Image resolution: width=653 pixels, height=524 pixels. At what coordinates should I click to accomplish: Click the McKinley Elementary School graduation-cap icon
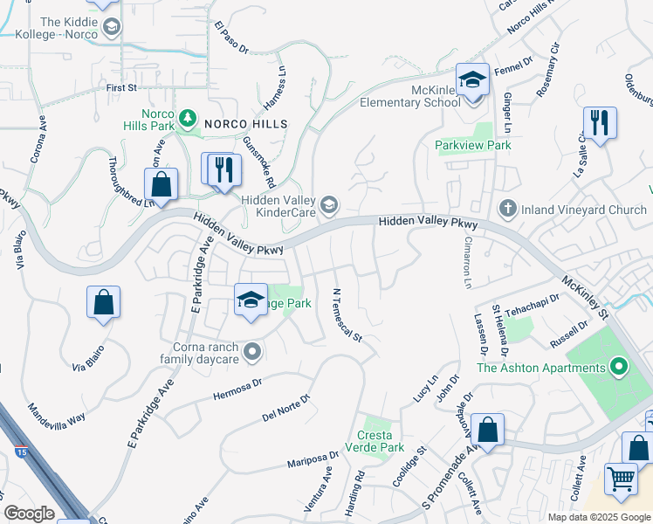[x=472, y=82]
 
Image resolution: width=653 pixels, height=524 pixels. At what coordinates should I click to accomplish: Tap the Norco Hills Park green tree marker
[x=186, y=117]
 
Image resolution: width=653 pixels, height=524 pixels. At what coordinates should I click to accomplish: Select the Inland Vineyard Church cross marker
[x=507, y=209]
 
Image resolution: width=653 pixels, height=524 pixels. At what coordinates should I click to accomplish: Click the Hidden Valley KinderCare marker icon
[x=328, y=205]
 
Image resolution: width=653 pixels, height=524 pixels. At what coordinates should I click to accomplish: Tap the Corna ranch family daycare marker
[x=253, y=352]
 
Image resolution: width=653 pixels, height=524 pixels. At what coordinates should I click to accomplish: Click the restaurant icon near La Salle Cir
[x=600, y=123]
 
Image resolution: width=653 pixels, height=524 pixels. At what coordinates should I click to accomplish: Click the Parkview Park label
[x=474, y=145]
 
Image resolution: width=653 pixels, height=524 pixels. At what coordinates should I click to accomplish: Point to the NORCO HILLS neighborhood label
[x=245, y=125]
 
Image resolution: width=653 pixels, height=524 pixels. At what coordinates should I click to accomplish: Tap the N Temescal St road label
[x=347, y=313]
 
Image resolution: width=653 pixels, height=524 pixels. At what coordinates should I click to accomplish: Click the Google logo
[x=29, y=514]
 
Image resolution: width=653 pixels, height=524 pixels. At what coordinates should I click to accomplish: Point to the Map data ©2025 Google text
[x=598, y=517]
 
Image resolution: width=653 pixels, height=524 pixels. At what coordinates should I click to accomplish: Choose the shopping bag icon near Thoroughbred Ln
[x=162, y=185]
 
